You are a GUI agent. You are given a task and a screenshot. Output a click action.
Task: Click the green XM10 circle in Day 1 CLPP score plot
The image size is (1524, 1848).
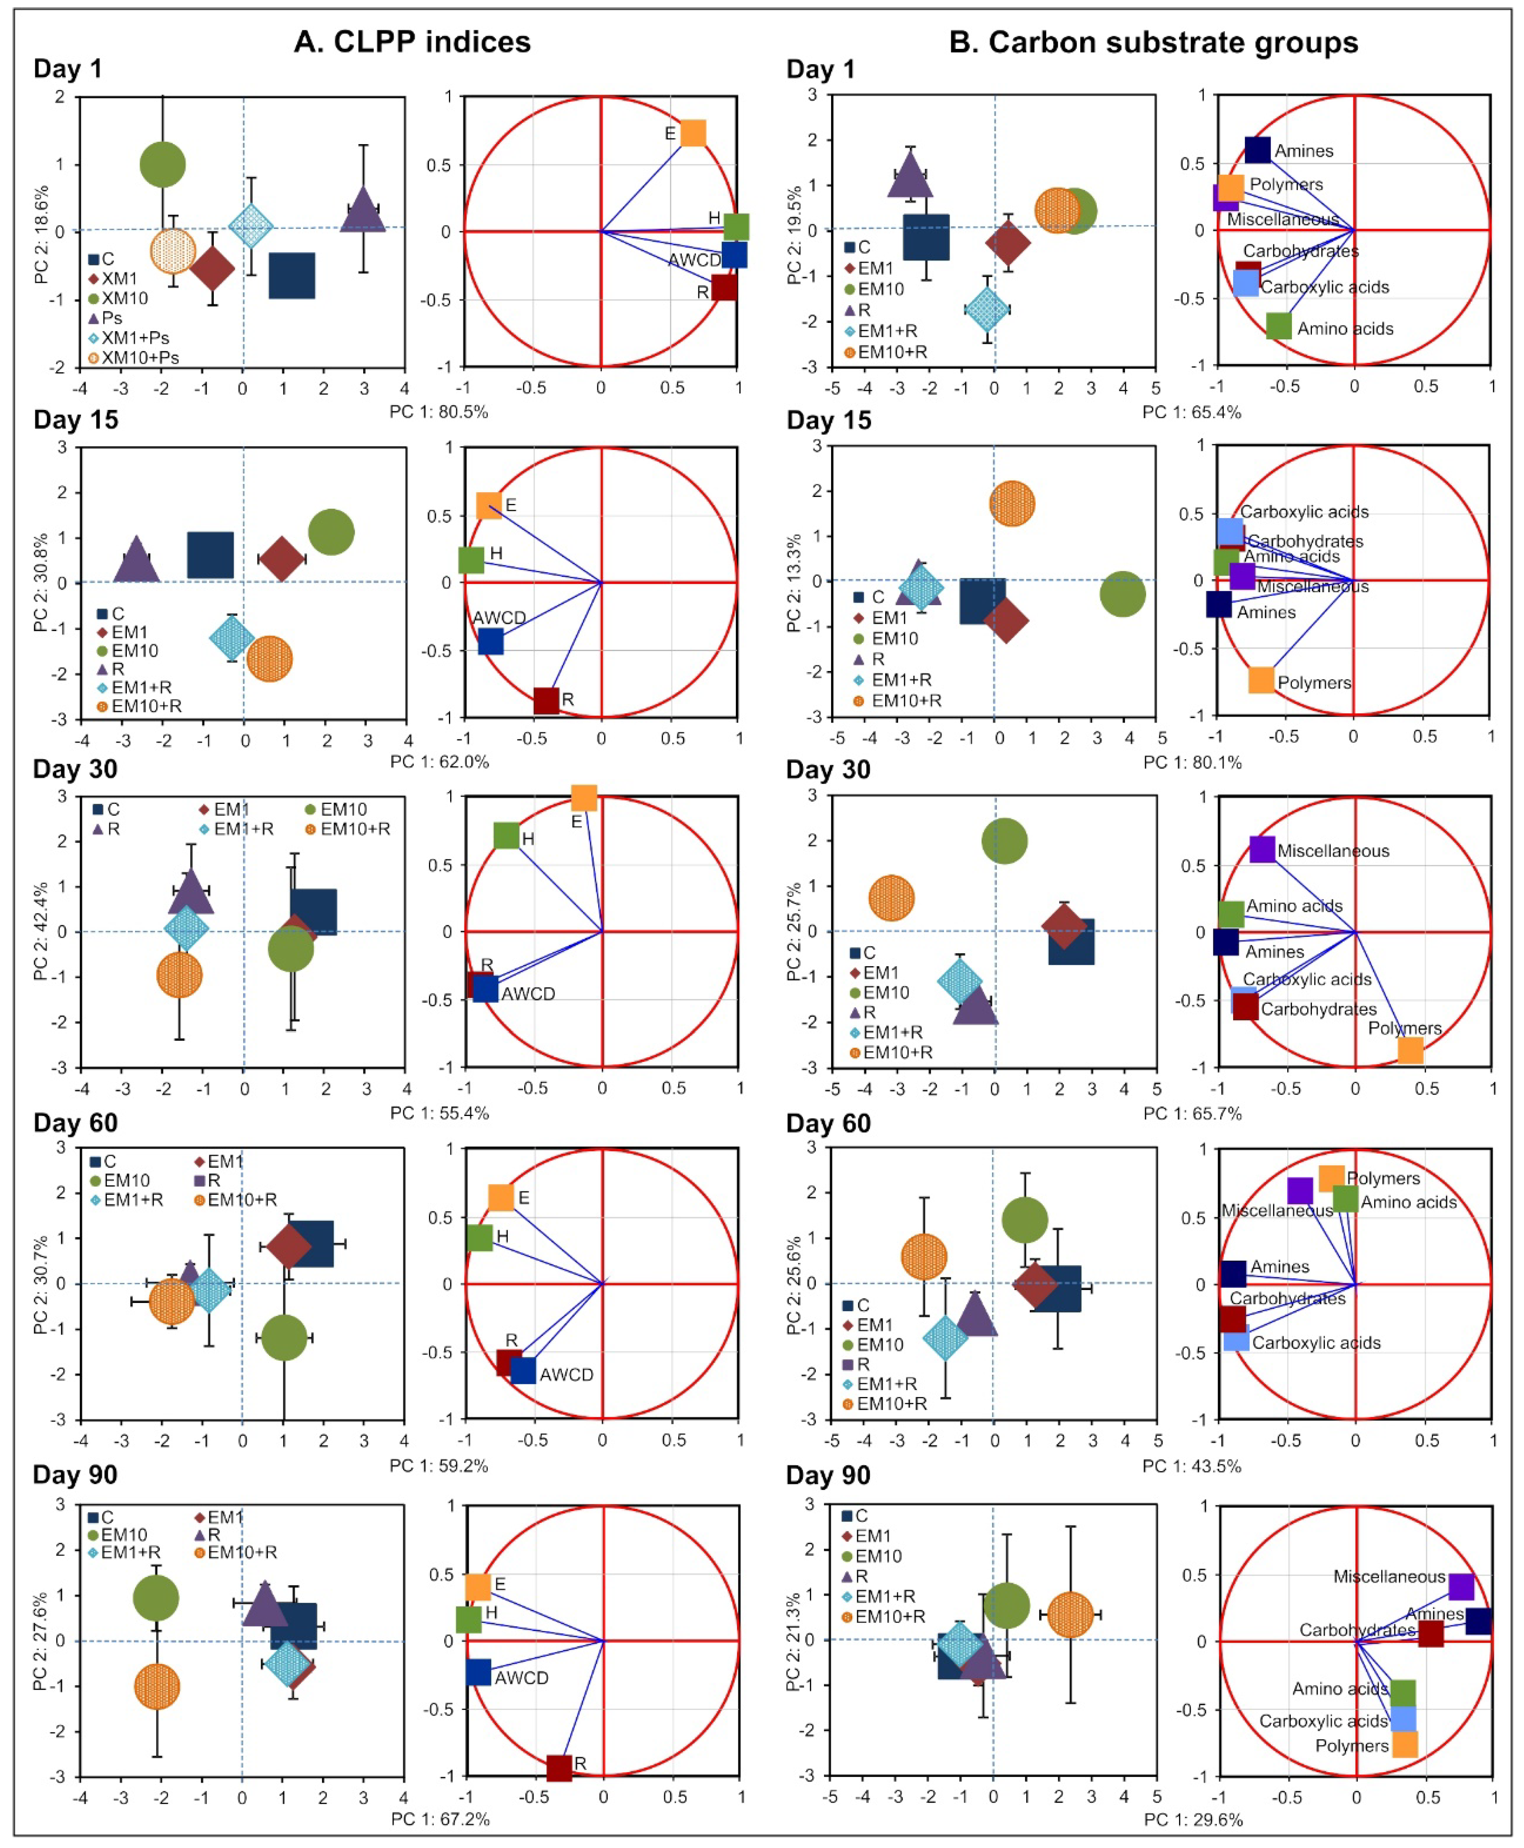[162, 164]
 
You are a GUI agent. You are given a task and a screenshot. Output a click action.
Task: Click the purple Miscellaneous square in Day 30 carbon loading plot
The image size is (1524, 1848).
[1262, 849]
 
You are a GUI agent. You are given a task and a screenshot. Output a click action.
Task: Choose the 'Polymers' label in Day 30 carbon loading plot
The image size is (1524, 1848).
[1405, 1028]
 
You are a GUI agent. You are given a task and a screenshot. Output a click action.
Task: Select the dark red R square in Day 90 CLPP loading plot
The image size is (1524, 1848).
[559, 1767]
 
